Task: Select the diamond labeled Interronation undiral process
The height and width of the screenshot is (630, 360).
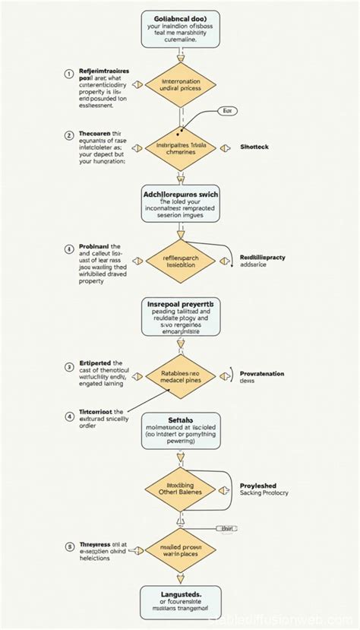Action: tap(180, 86)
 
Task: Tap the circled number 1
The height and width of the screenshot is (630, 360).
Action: tap(68, 74)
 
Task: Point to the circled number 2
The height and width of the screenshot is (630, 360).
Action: tap(68, 135)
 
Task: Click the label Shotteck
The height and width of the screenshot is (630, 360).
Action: tap(254, 146)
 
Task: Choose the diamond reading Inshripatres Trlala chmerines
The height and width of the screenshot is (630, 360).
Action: tap(180, 146)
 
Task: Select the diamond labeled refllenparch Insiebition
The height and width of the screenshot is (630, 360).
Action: tap(180, 262)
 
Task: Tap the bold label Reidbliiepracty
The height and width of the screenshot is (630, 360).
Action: tap(262, 258)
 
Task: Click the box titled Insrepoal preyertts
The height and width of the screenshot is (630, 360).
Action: tap(180, 316)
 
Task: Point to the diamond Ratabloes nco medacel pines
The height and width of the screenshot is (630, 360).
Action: tap(180, 378)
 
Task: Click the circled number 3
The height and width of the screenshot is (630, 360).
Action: tap(68, 364)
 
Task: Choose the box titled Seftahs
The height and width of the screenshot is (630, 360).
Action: tap(180, 434)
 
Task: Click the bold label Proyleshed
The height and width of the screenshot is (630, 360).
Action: tap(258, 486)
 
